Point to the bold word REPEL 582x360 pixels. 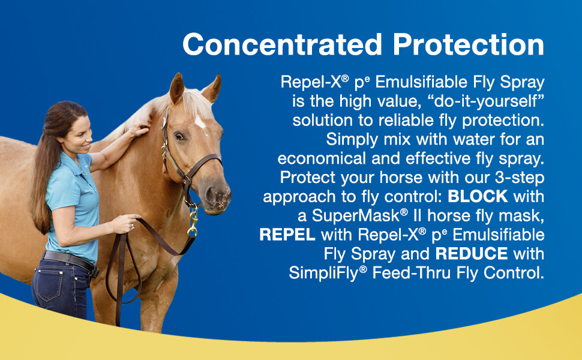tap(287, 234)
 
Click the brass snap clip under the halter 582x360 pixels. tap(193, 222)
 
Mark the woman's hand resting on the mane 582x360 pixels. tap(139, 129)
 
